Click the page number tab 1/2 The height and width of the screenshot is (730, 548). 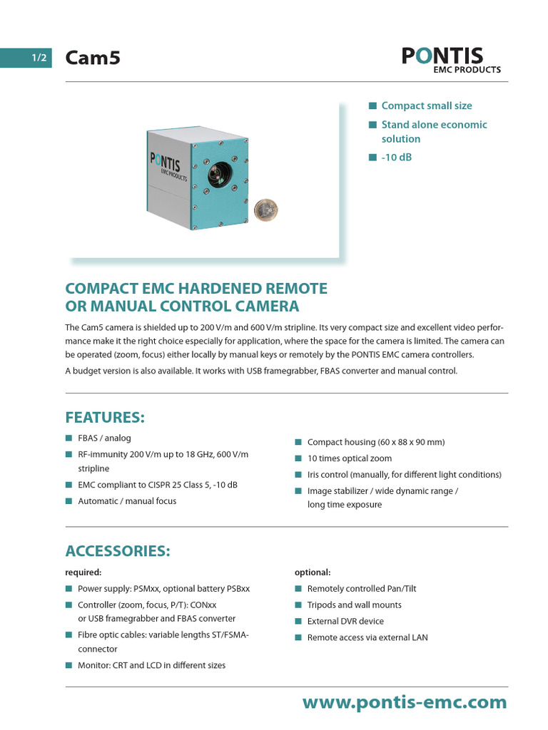point(39,58)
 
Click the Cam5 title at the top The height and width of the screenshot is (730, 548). point(93,58)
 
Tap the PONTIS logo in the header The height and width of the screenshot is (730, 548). point(451,58)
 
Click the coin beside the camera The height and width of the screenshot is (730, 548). point(266,209)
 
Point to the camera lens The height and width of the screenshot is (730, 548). point(214,175)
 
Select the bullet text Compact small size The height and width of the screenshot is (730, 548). point(427,106)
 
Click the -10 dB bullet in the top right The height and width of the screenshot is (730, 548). point(397,157)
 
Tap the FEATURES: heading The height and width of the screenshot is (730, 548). point(105,417)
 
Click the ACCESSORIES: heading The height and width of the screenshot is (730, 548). point(118,551)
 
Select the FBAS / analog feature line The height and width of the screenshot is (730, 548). point(104,438)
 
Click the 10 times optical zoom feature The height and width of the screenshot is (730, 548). point(350,458)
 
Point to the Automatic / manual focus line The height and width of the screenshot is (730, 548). point(127,501)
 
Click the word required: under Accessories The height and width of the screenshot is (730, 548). point(83,572)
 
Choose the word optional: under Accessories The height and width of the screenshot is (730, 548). point(313,572)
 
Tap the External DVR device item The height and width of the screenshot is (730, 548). point(345,621)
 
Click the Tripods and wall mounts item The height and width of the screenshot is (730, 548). point(354,605)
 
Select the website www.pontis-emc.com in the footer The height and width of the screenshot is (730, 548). point(405,703)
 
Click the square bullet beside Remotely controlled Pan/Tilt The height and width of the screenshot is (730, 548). point(298,589)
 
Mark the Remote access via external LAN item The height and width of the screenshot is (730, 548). point(367,637)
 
